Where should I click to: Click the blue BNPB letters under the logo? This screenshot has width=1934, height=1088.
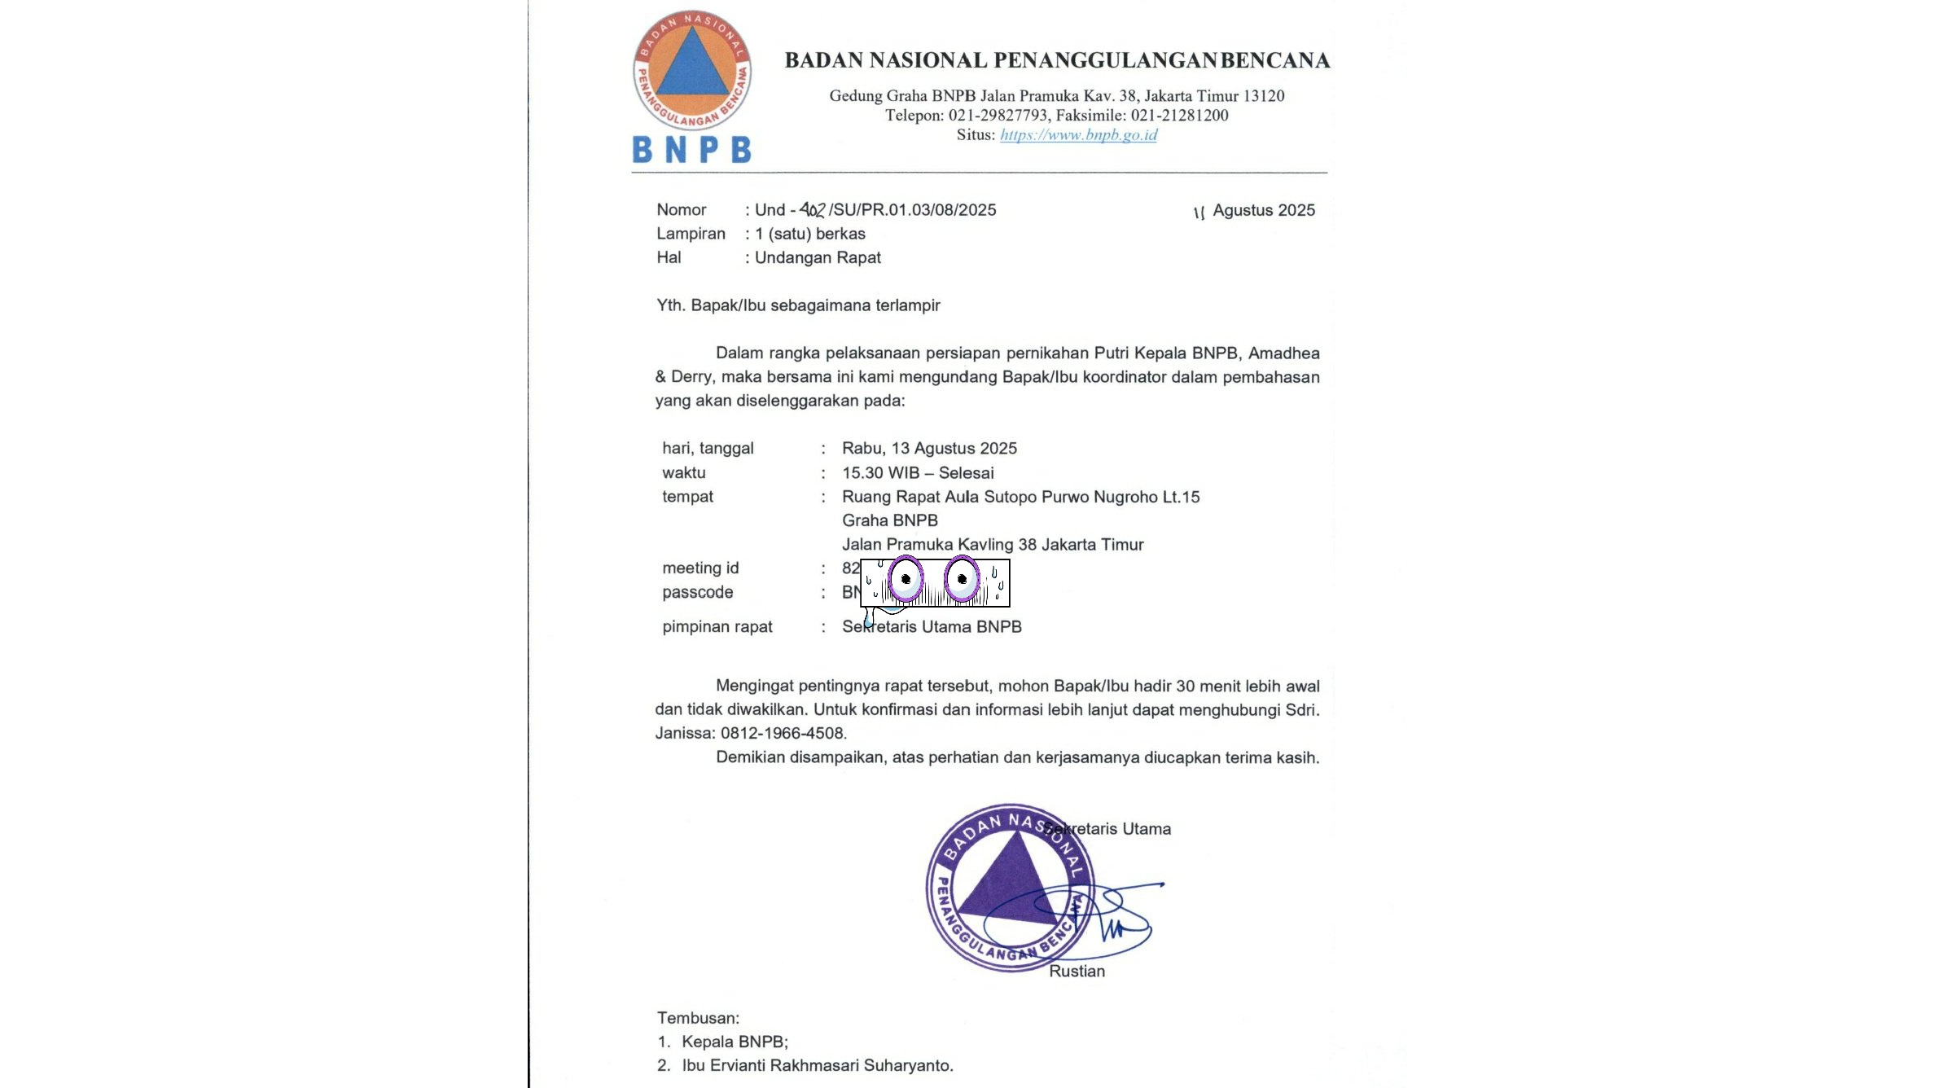point(691,149)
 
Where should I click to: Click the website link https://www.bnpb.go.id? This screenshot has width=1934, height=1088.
point(1078,135)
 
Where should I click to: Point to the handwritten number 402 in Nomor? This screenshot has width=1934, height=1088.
point(812,210)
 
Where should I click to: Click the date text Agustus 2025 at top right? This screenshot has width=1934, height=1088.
point(1263,210)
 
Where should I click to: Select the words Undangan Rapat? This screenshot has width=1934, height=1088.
point(818,258)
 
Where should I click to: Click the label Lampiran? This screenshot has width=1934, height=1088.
point(691,234)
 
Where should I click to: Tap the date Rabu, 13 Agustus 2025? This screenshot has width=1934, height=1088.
point(929,449)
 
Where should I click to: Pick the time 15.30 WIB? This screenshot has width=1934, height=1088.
point(880,473)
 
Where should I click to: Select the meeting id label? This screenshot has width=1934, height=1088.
point(700,568)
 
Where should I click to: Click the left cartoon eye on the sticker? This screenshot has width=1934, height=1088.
point(906,579)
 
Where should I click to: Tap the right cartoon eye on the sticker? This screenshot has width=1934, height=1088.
point(962,579)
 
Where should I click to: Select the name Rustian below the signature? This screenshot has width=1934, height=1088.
point(1077,972)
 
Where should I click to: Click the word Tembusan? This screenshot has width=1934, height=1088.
point(698,1019)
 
